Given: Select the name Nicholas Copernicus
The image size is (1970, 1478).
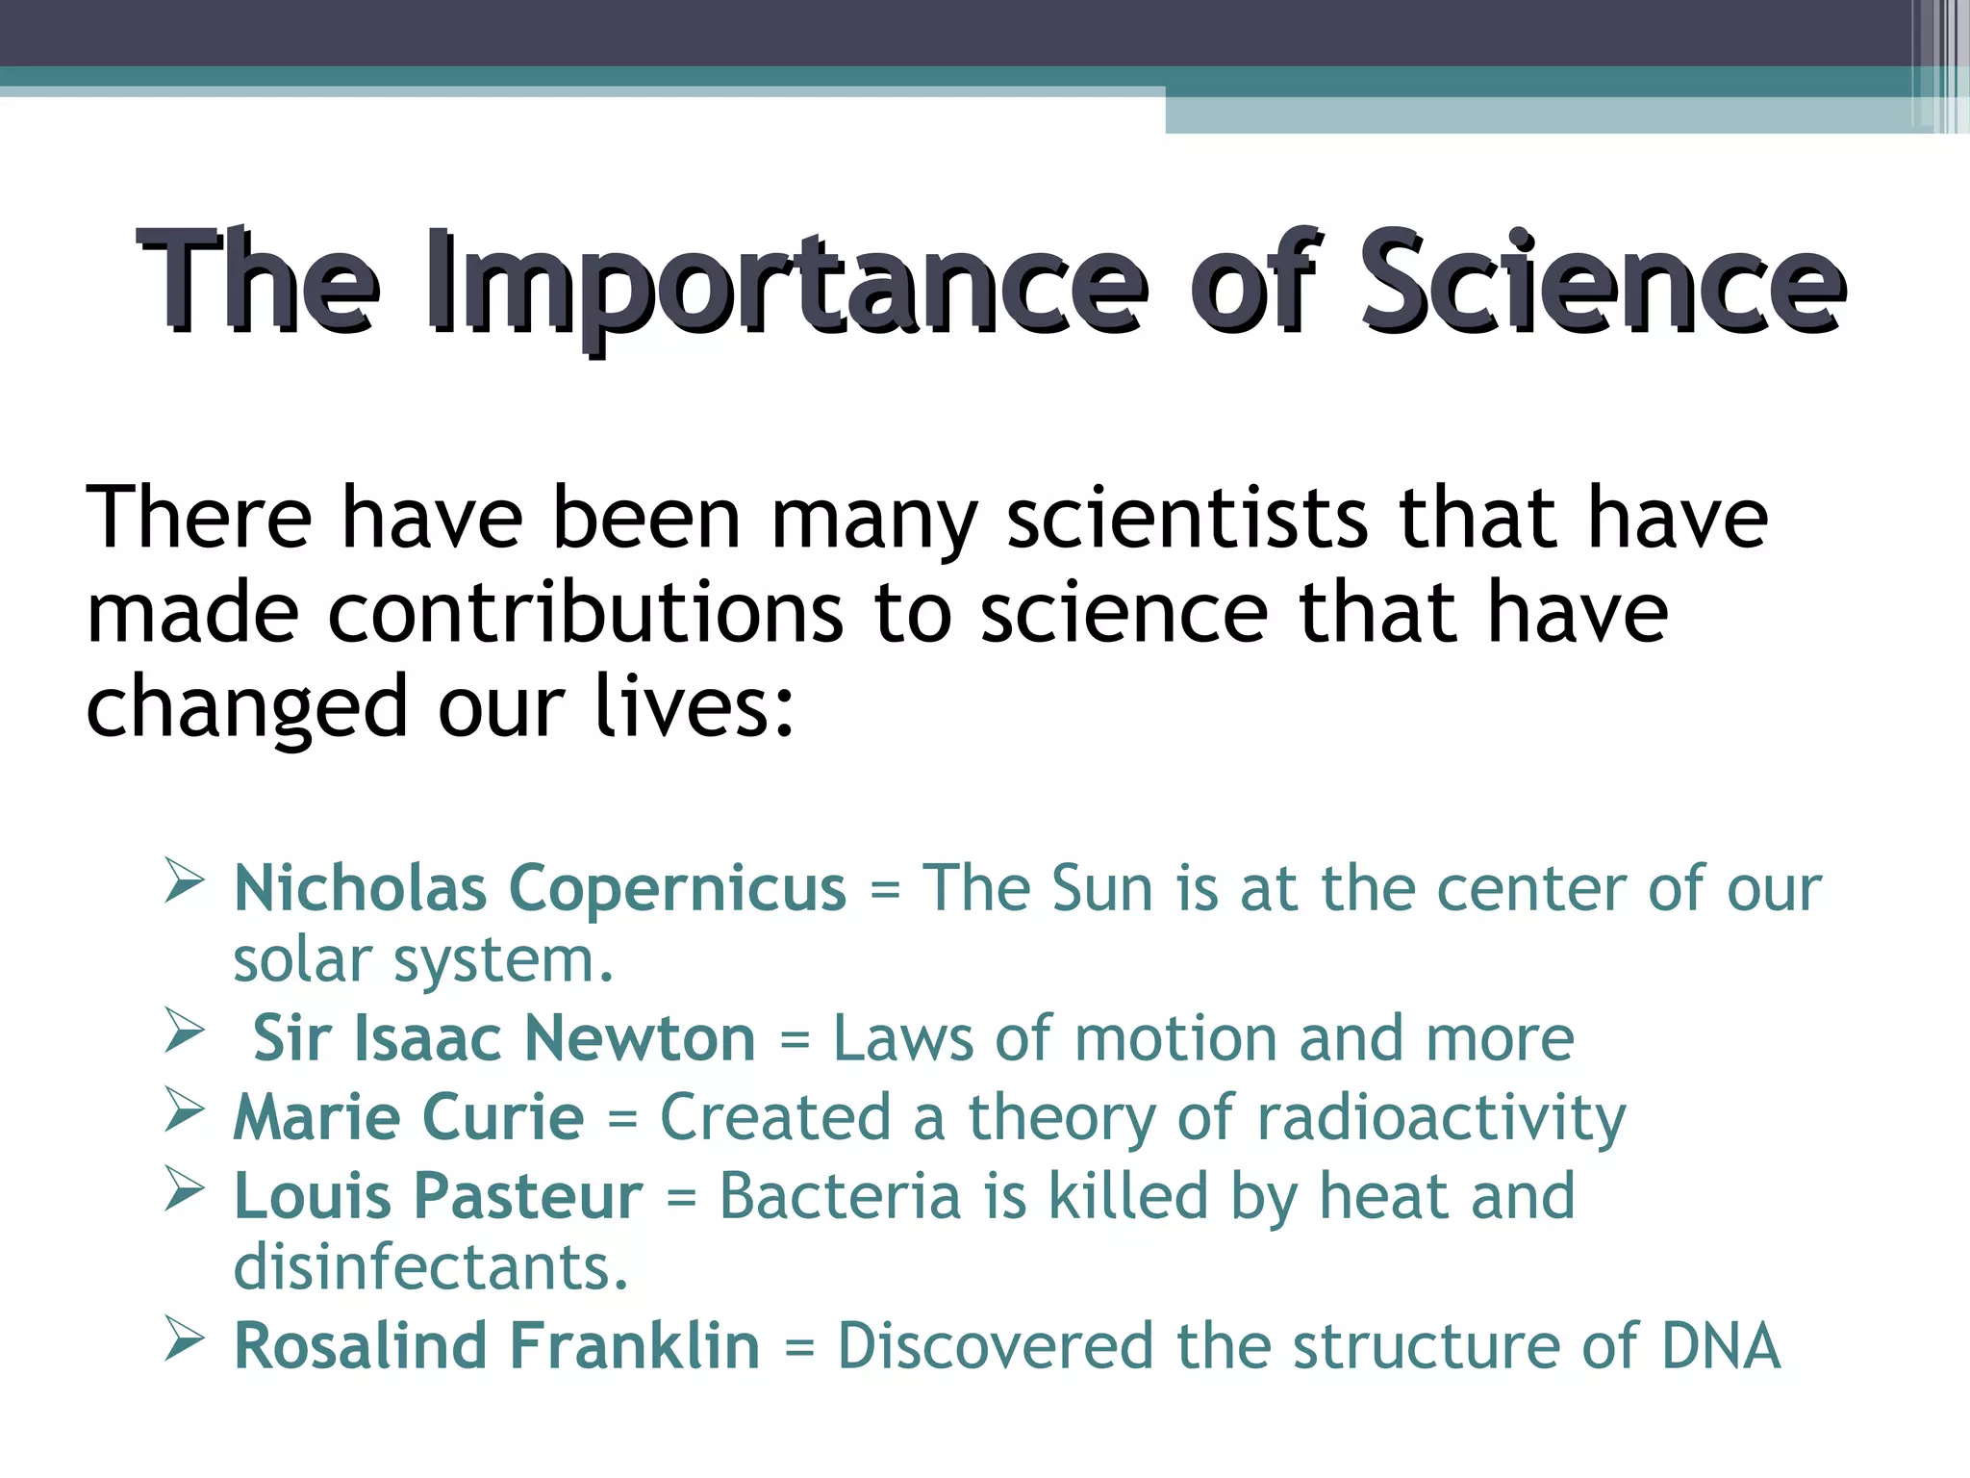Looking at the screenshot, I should pos(540,887).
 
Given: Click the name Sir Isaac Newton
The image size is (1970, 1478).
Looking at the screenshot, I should pos(504,1039).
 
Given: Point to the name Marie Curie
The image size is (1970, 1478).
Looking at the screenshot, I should pos(409,1117).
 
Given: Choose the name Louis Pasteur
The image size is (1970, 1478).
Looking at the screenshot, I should pos(439,1196).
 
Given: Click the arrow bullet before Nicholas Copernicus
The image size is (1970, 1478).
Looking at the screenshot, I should pos(184,880).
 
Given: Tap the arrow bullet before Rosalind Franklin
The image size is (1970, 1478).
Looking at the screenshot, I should pos(184,1338).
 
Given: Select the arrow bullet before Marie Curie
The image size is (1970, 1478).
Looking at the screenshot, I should pos(184,1110).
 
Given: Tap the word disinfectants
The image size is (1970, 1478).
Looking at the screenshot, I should pos(431,1267).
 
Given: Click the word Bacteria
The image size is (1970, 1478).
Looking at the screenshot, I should pos(840,1196).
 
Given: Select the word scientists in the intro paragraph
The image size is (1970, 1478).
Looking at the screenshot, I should pos(1186,519).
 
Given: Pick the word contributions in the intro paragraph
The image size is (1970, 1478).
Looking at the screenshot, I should pos(585,613).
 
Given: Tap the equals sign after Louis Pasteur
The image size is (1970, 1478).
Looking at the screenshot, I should pos(681,1198).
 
